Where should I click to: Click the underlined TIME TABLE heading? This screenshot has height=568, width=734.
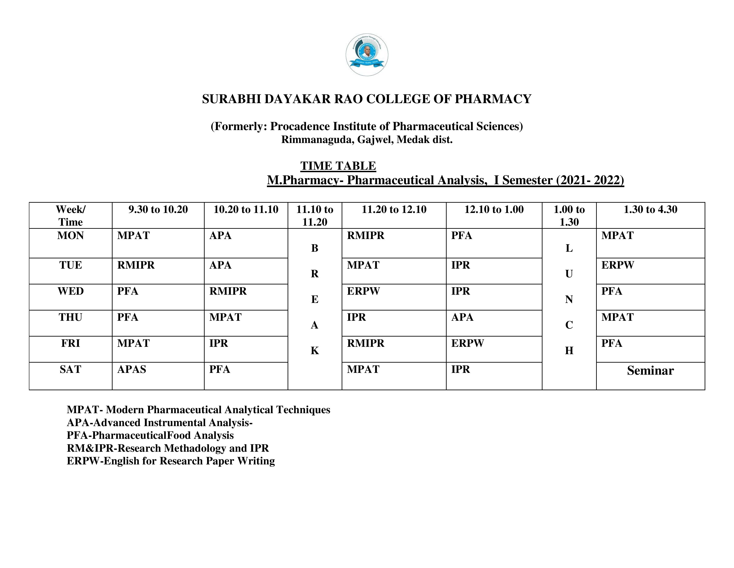(338, 166)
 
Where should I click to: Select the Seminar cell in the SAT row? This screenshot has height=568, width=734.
(650, 370)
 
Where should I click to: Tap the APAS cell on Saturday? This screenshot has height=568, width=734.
(132, 370)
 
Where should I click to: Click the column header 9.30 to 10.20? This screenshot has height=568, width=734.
(158, 210)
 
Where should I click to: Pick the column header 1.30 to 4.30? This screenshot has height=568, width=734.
(650, 210)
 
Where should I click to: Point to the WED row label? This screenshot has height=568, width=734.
(71, 291)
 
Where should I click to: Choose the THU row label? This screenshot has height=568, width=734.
(71, 317)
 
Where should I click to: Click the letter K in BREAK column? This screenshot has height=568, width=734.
(315, 351)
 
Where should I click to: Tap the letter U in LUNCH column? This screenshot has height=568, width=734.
(569, 274)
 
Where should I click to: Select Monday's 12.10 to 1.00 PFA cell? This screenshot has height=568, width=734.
(462, 235)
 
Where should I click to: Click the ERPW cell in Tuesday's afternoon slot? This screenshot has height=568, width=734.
(617, 265)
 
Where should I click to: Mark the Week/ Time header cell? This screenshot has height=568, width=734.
(71, 216)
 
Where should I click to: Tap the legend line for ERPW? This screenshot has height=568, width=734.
(171, 461)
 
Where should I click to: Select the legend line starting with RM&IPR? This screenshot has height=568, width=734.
(168, 448)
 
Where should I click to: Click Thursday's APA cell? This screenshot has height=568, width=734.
(462, 317)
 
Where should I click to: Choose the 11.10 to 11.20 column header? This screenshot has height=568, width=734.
(315, 216)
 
